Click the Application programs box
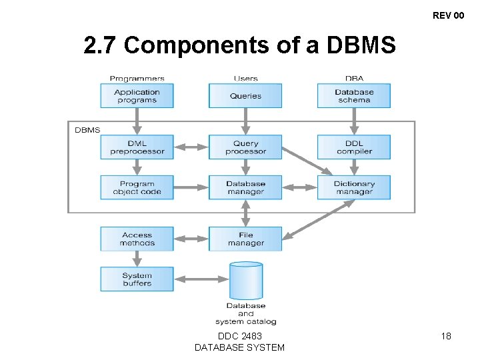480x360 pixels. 137,96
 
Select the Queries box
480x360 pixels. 245,96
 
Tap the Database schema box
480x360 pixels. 353,96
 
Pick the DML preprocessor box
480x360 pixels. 137,147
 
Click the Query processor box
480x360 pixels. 245,147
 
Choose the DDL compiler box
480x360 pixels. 353,147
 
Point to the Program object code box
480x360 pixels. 137,187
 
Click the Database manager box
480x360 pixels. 245,187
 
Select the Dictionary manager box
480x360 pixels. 353,187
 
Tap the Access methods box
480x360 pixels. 137,239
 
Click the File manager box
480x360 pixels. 245,239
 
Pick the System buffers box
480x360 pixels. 137,279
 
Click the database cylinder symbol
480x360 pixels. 245,280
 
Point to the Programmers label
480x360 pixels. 137,79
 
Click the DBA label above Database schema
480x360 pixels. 354,79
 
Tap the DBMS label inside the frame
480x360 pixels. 87,130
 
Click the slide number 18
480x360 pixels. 446,336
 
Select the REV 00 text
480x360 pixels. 448,15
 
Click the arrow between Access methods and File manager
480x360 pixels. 191,239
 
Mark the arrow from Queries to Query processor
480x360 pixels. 245,121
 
